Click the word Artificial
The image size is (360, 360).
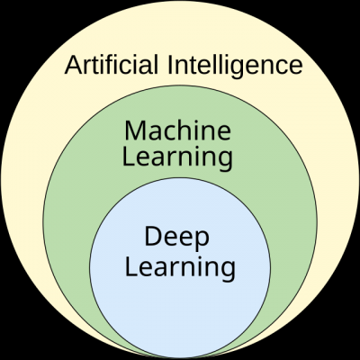point(112,65)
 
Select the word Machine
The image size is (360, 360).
point(177,130)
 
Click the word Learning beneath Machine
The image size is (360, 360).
point(177,158)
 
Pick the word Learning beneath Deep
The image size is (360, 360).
point(180,268)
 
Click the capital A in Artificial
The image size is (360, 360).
point(74,65)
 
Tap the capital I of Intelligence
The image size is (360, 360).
point(169,65)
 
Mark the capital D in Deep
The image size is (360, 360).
point(153,237)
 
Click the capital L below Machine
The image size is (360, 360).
point(129,157)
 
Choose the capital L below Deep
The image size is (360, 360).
point(130,266)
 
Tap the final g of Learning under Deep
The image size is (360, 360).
point(229,272)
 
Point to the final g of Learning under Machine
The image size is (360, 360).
point(226,162)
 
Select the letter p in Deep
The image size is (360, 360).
point(202,241)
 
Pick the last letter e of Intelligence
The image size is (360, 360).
point(295,67)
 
